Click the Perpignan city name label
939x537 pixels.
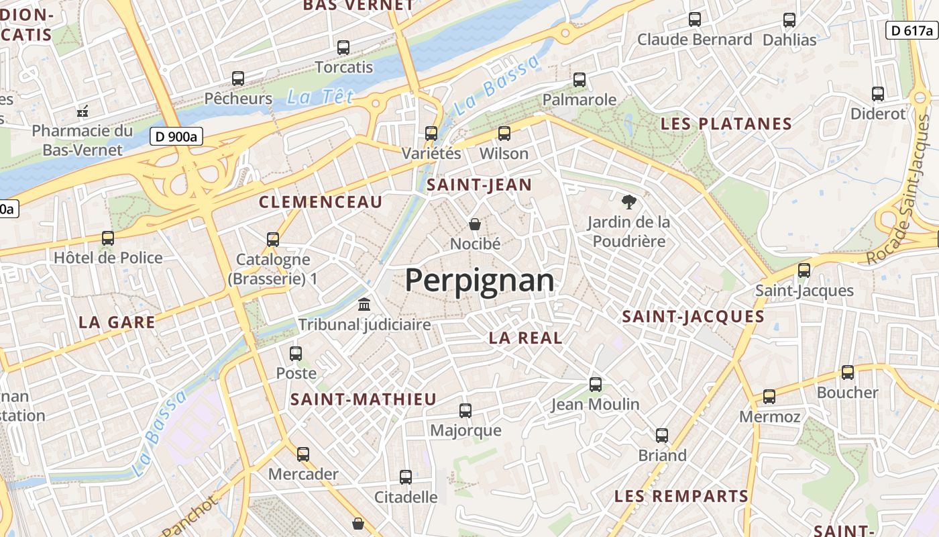coord(480,281)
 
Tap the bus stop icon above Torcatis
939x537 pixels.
coord(343,48)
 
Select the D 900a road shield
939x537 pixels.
coord(176,136)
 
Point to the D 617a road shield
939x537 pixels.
coord(911,30)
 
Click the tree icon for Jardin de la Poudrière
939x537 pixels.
coord(628,201)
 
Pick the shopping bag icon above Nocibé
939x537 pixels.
coord(475,224)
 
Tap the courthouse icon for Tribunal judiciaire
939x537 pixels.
coord(364,305)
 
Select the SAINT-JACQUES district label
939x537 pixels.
coord(694,317)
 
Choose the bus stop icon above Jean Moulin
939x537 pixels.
coord(595,385)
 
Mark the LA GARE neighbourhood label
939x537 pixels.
coord(117,322)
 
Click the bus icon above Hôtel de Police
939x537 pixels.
coord(107,238)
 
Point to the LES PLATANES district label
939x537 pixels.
coord(726,124)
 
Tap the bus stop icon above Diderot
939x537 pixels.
coord(877,94)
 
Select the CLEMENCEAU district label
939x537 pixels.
coord(321,202)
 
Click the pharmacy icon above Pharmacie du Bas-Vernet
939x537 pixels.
coord(83,110)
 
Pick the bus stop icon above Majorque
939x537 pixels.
coord(465,410)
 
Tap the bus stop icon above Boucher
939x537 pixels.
coord(847,373)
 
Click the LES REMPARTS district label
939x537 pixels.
coord(681,497)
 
